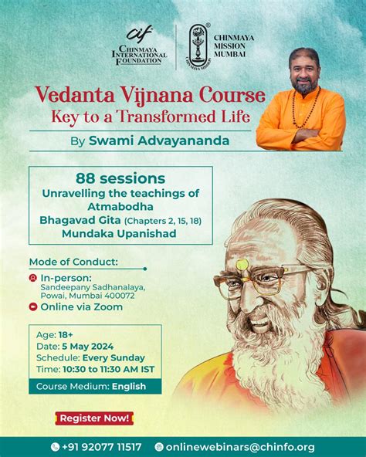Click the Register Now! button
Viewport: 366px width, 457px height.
94,418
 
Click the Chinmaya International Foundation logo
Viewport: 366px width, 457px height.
139,46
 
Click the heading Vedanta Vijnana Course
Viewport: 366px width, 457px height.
150,96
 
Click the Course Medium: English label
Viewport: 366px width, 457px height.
86,385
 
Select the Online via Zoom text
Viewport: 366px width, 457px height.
81,306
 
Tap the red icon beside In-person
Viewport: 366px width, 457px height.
32,276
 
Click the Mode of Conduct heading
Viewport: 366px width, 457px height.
73,260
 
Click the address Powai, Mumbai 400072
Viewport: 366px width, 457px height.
83,293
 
